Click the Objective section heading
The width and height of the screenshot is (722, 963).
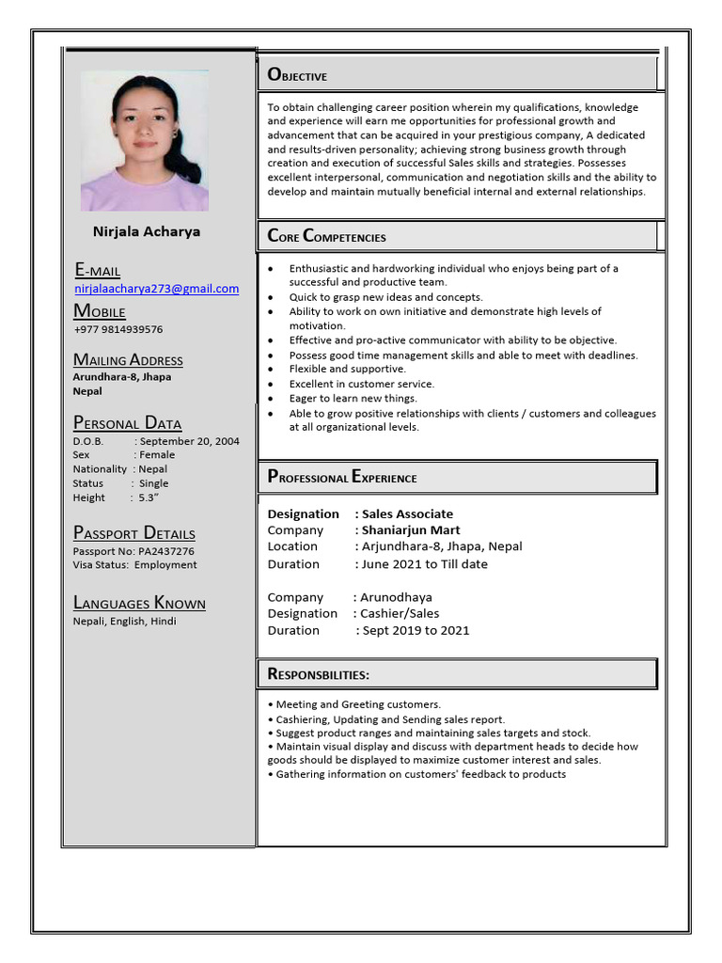[298, 75]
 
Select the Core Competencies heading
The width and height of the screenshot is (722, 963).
[327, 236]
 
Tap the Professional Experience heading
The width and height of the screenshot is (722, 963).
[342, 477]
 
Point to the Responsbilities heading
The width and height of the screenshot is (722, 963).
[319, 674]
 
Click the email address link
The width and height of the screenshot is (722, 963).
[156, 289]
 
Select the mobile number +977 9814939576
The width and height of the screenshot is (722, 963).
[118, 329]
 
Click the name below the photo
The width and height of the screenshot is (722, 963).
[146, 231]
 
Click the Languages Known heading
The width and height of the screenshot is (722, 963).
[139, 604]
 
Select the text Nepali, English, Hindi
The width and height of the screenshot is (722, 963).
[124, 621]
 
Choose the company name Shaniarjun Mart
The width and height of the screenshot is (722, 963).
[411, 530]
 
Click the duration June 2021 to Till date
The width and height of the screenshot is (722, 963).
[425, 564]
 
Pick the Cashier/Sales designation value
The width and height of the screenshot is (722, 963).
[400, 613]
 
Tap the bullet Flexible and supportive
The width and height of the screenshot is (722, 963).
[347, 370]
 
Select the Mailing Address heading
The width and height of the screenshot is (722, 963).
[128, 360]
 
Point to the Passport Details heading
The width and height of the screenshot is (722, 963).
[134, 533]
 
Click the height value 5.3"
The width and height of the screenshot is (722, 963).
[149, 497]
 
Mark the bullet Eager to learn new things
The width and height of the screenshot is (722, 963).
[353, 399]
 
